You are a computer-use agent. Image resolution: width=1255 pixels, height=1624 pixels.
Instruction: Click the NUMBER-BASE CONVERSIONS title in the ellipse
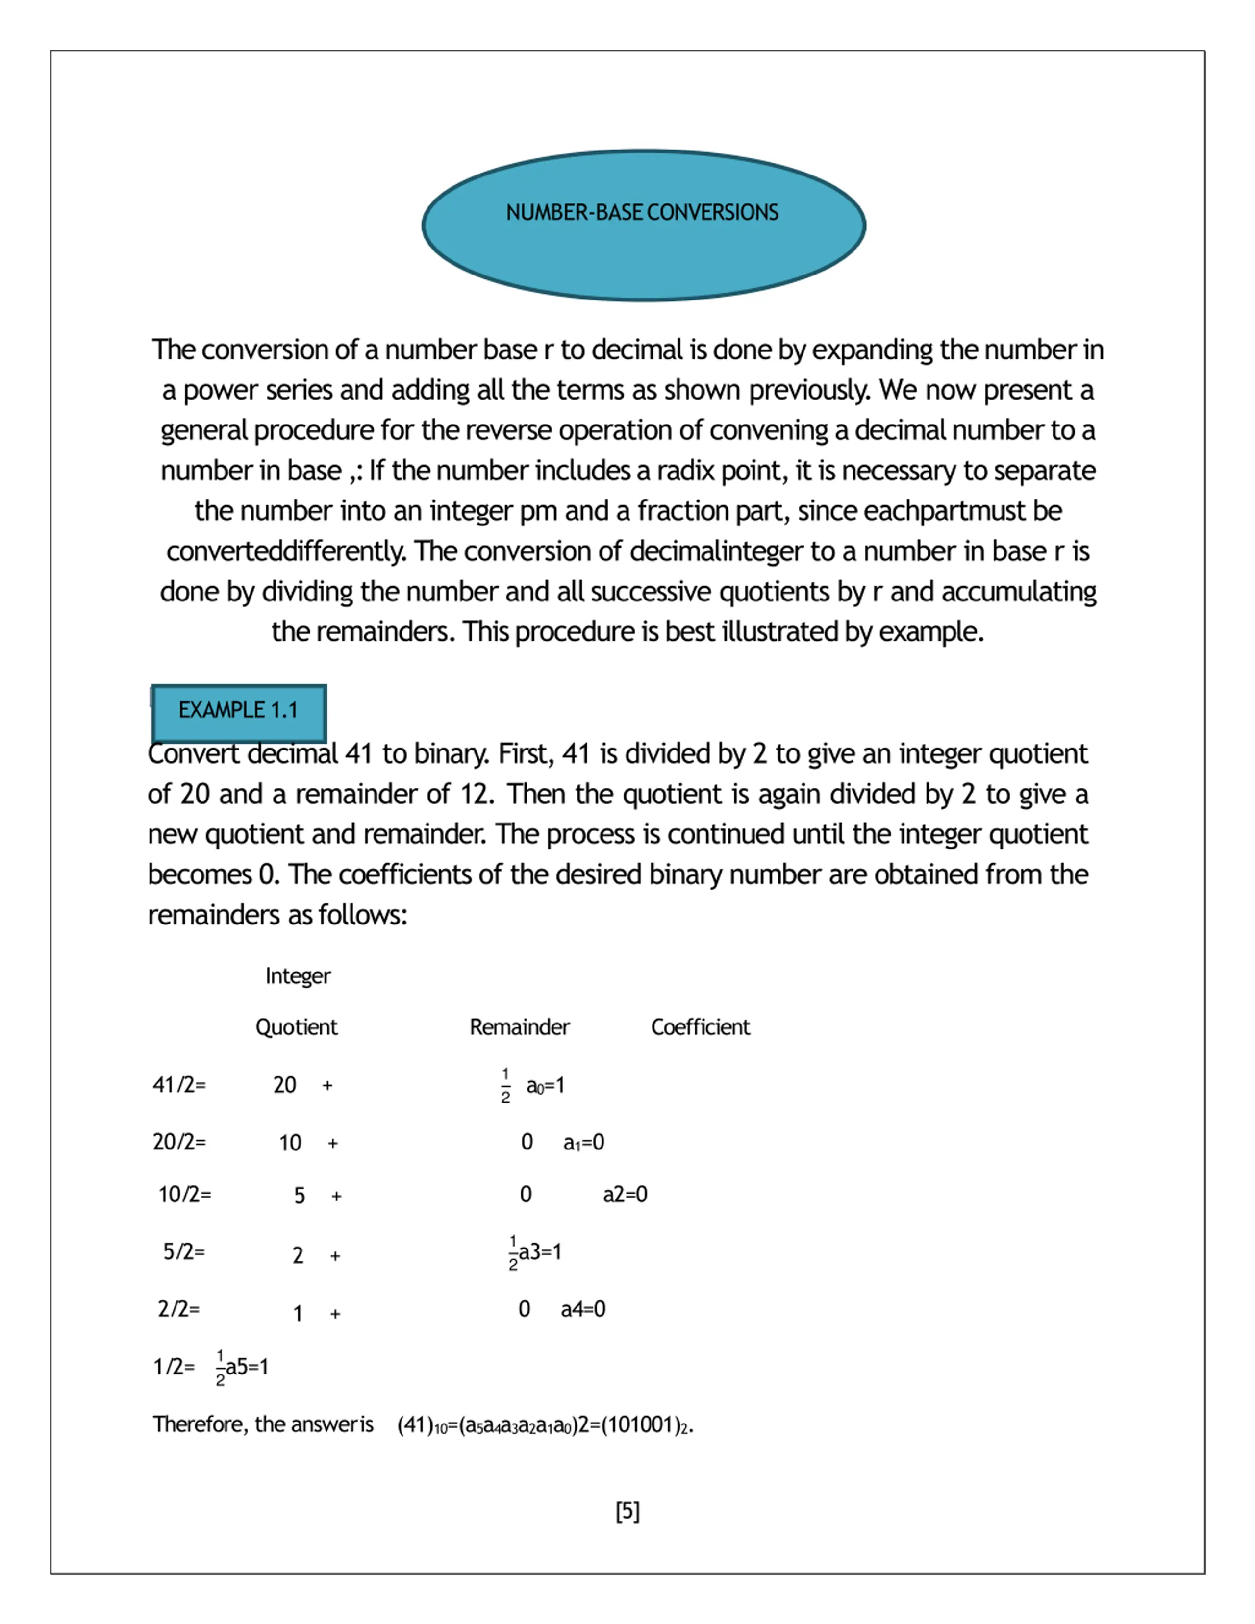pyautogui.click(x=642, y=213)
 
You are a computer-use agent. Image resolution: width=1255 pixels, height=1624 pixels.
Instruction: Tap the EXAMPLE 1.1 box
pyautogui.click(x=238, y=711)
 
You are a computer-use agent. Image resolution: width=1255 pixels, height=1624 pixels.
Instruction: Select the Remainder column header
pyautogui.click(x=519, y=1027)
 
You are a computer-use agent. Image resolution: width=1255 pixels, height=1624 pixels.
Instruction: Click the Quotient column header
pyautogui.click(x=296, y=1027)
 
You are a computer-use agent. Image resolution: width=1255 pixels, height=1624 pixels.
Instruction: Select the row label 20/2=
pyautogui.click(x=179, y=1142)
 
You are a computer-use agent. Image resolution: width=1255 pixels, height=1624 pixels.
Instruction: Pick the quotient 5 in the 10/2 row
pyautogui.click(x=299, y=1196)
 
